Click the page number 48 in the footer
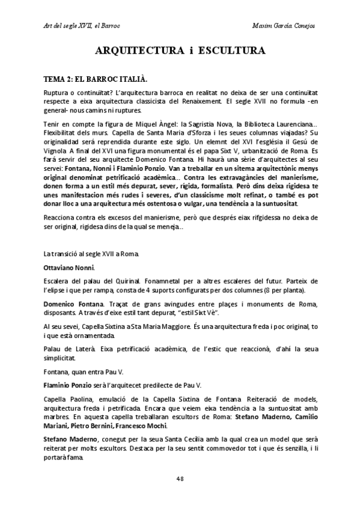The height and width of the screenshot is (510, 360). pos(180,478)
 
